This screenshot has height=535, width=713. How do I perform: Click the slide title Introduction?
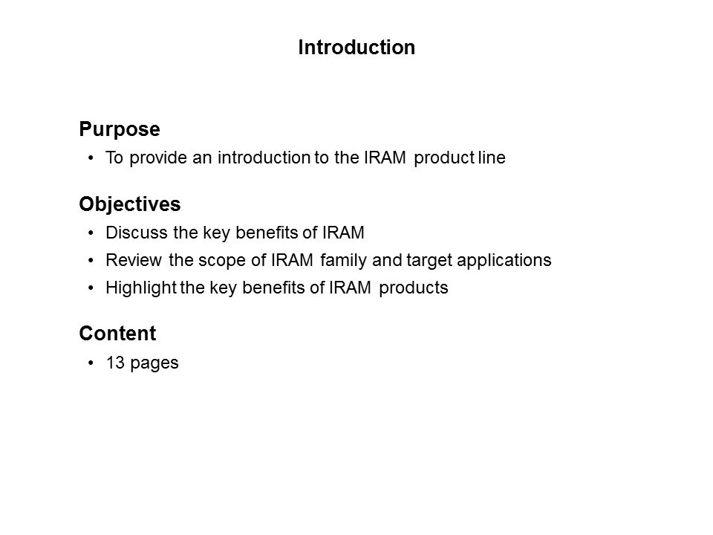point(356,48)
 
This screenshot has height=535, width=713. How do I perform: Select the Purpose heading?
point(120,129)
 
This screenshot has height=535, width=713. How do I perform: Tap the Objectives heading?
point(130,204)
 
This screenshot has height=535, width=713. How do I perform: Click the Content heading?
point(118,334)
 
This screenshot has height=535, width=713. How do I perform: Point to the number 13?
point(115,363)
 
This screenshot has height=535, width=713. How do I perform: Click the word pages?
point(154,364)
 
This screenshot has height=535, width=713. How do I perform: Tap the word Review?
point(134,260)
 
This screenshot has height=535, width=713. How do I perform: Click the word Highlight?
point(141,288)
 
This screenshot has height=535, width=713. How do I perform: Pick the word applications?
point(504,261)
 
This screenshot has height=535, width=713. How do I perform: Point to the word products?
point(414,288)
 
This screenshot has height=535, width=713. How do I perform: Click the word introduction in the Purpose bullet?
point(264,158)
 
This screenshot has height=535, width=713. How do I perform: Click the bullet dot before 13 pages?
point(91,363)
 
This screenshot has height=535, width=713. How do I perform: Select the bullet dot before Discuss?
point(91,233)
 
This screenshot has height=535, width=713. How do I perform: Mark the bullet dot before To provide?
point(91,158)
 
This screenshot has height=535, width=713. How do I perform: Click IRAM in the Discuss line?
point(343,233)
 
